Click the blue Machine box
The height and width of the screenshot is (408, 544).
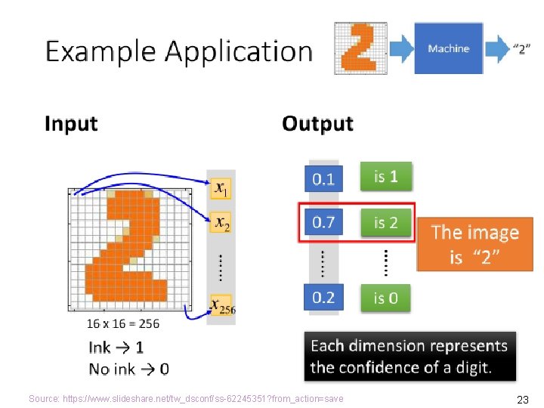(448, 48)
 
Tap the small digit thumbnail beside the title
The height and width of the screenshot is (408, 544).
(360, 48)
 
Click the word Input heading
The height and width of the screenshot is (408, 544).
(71, 123)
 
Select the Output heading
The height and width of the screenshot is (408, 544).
(317, 123)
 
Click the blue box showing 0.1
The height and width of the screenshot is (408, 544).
(323, 179)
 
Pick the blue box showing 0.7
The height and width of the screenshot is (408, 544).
(323, 222)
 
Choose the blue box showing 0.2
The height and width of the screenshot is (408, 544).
(323, 297)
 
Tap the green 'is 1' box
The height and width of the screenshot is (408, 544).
(385, 177)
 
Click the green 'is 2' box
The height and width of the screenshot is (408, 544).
(385, 222)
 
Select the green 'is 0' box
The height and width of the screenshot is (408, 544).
(385, 298)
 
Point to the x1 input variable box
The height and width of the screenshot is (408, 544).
(221, 187)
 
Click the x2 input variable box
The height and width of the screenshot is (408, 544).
(221, 222)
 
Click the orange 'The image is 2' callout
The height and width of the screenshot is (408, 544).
(474, 244)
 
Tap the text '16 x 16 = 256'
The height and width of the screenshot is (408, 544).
(123, 323)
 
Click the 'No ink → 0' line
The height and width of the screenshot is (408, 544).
(128, 369)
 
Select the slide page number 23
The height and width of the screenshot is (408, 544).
(522, 399)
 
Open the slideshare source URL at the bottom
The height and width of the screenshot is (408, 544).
(186, 398)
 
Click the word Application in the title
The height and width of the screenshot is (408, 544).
(238, 51)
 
